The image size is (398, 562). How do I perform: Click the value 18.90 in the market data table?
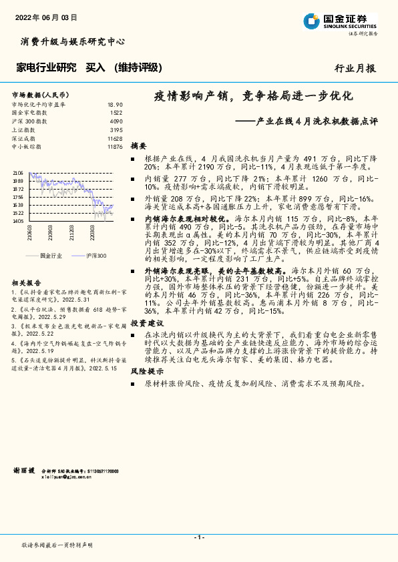[116, 105]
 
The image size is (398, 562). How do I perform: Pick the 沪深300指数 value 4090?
[116, 121]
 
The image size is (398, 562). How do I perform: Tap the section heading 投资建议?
[144, 322]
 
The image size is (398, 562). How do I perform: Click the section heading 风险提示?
[144, 370]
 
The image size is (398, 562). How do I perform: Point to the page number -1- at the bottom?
[198, 537]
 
